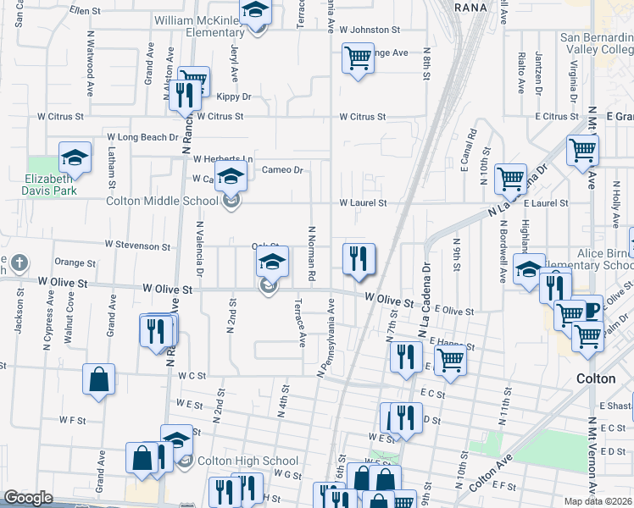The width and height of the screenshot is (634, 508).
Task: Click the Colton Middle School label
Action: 162,202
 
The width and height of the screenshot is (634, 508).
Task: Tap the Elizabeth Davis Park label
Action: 51,185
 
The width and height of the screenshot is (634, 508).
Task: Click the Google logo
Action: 28,498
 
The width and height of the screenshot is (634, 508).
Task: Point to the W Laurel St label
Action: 363,203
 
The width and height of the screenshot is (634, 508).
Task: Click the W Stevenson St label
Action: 137,246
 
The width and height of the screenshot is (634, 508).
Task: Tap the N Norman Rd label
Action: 312,252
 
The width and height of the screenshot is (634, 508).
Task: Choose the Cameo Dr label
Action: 282,170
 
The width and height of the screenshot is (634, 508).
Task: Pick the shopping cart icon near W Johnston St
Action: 358,58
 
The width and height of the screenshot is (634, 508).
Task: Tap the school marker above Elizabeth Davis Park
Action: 75,157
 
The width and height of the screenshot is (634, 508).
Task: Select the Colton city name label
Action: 595,378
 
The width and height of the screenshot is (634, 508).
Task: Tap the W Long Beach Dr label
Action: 142,136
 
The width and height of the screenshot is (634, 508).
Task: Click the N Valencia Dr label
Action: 200,249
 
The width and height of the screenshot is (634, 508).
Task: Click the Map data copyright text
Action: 598,500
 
